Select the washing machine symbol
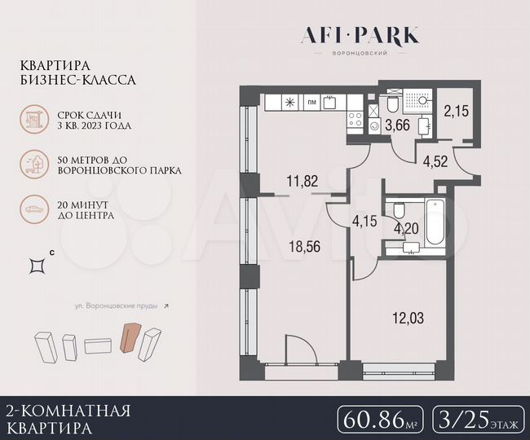point(373,126)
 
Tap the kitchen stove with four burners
point(356,121)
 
